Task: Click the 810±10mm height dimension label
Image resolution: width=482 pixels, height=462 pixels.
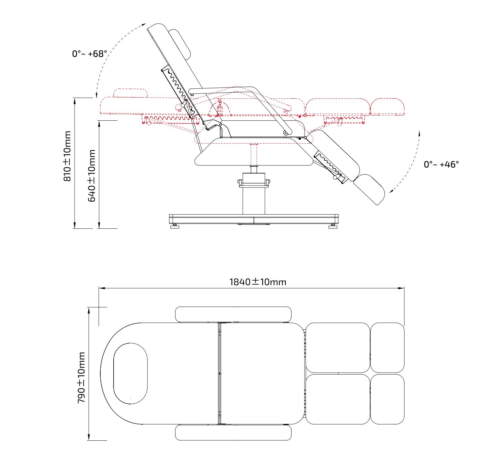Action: pyautogui.click(x=67, y=156)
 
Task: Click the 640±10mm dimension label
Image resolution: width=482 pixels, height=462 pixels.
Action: pyautogui.click(x=92, y=176)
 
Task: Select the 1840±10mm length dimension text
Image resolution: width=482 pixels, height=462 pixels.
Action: pyautogui.click(x=258, y=282)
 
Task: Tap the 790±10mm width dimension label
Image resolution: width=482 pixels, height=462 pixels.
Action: pyautogui.click(x=81, y=377)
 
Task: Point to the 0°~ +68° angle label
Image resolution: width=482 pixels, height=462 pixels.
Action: pyautogui.click(x=89, y=54)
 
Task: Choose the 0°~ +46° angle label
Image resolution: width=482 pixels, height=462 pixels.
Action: pyautogui.click(x=441, y=165)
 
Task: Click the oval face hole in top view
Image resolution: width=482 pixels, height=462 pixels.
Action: pyautogui.click(x=130, y=373)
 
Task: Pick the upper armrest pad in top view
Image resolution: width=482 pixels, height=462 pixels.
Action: pyautogui.click(x=233, y=314)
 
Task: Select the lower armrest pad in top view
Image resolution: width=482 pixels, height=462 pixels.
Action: pyautogui.click(x=233, y=433)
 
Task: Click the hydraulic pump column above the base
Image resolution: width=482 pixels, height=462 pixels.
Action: pyautogui.click(x=254, y=194)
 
